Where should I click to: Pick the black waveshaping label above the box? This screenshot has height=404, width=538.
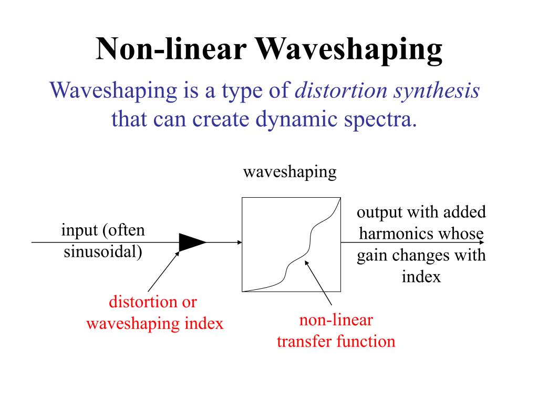289,172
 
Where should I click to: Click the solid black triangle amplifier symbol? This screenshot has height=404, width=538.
192,242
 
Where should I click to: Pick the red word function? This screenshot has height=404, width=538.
366,341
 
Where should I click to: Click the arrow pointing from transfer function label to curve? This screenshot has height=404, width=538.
319,284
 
